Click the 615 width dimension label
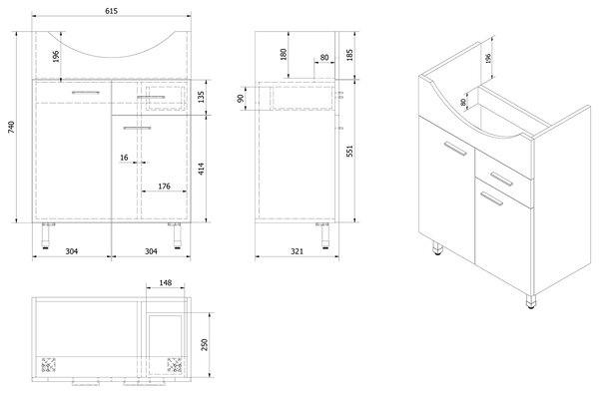coord(111,11)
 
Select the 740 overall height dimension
coord(11,127)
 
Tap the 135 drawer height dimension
coord(202,97)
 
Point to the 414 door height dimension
coord(202,169)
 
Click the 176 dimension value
coord(164,187)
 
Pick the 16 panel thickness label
coord(124,158)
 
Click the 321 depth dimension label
coord(297,251)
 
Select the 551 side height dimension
coord(349,151)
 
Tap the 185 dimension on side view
coord(349,55)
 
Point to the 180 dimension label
coord(284,55)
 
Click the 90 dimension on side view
coord(241,99)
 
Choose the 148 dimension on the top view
coord(166,282)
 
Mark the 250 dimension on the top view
coord(205,345)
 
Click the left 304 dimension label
coord(72,251)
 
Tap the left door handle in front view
coord(86,93)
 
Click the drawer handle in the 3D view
coord(501,179)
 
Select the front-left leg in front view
coord(46,235)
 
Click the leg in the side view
coord(324,235)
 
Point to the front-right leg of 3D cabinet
coord(531,301)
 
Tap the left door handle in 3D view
coord(455,149)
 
